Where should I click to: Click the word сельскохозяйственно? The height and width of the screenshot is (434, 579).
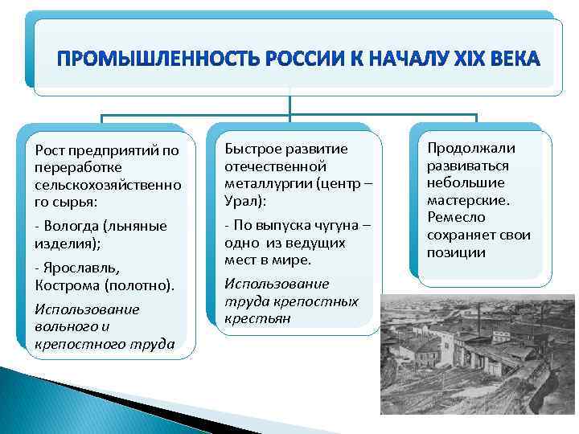click(x=108, y=185)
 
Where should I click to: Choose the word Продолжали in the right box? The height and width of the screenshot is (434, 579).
click(x=471, y=147)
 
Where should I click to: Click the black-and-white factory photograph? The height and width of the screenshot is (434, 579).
click(x=478, y=354)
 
